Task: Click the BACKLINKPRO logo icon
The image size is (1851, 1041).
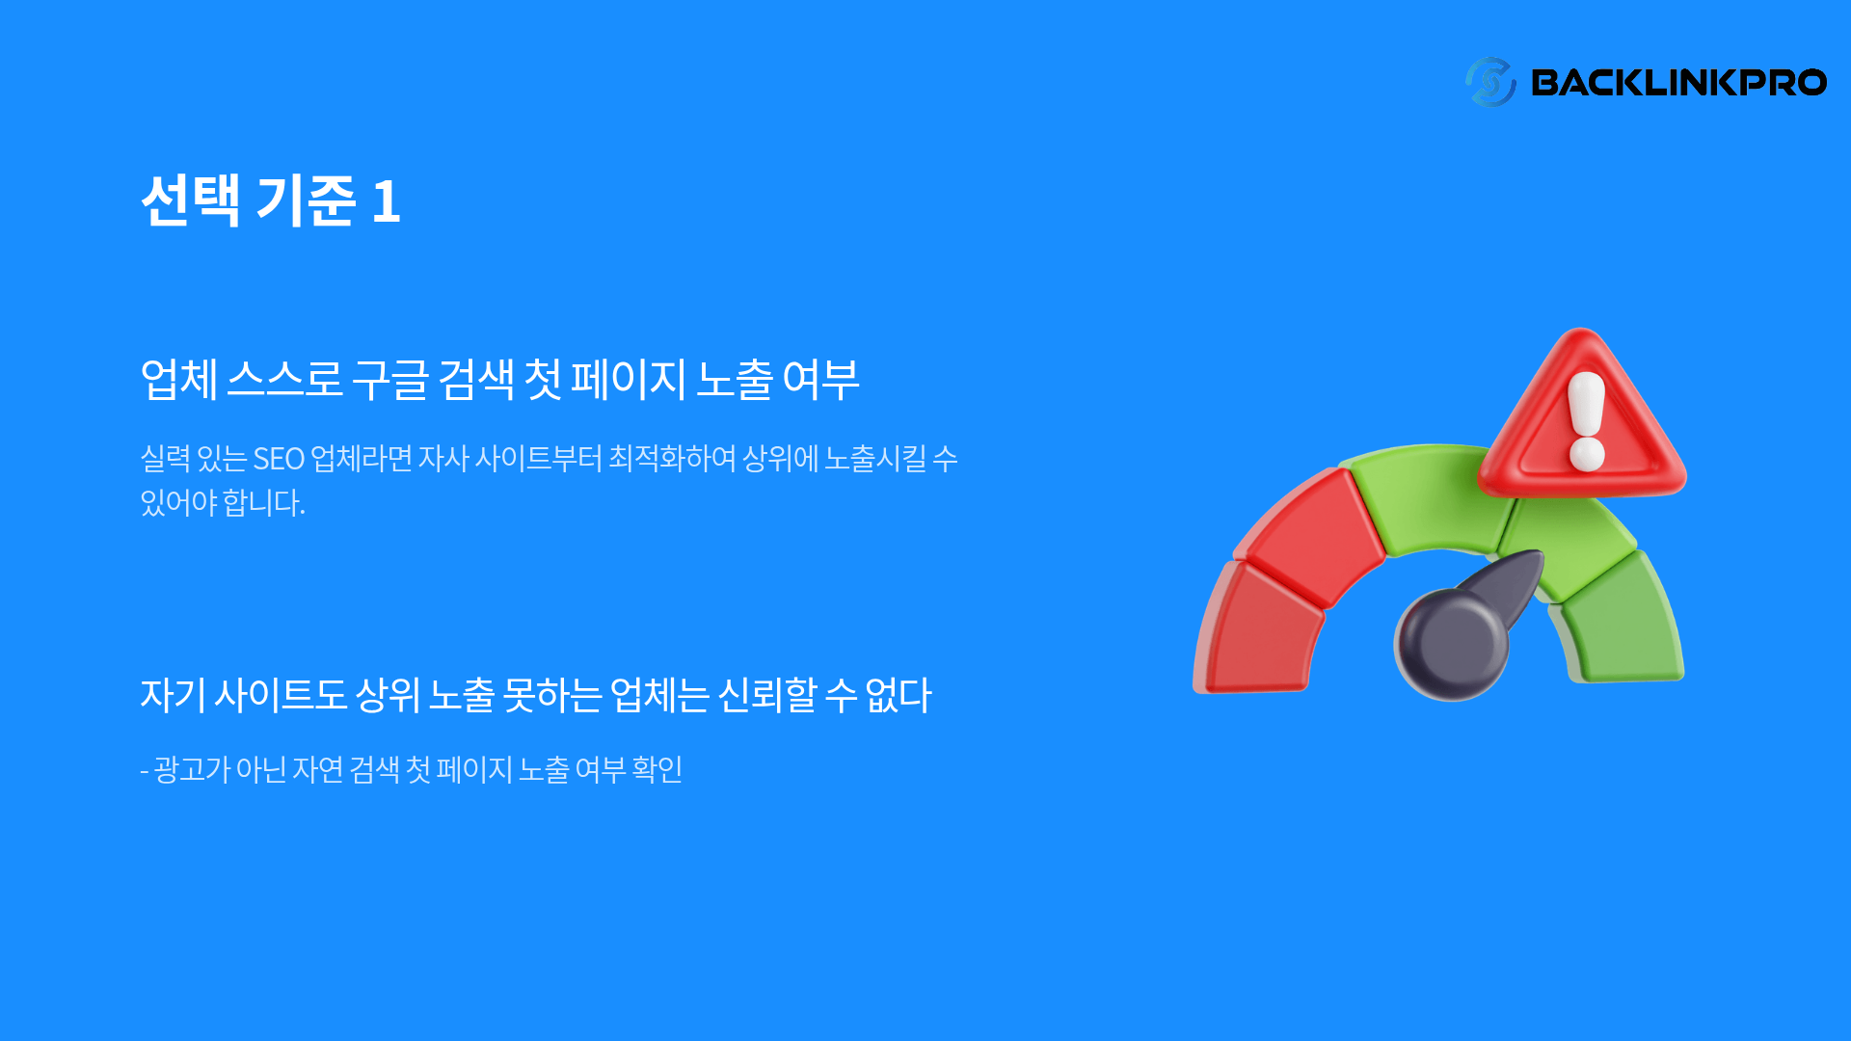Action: pyautogui.click(x=1489, y=82)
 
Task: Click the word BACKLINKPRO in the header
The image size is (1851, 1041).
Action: pyautogui.click(x=1678, y=83)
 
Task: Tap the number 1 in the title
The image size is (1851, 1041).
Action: pyautogui.click(x=386, y=202)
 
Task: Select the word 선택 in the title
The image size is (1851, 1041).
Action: pyautogui.click(x=190, y=200)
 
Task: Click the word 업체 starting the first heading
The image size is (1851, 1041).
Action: pyautogui.click(x=179, y=379)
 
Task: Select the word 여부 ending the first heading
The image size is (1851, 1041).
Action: pyautogui.click(x=820, y=379)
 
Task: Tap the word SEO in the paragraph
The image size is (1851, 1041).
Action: pyautogui.click(x=279, y=459)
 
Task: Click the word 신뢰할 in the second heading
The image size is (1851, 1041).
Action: pyautogui.click(x=767, y=695)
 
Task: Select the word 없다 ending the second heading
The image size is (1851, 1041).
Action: pyautogui.click(x=899, y=695)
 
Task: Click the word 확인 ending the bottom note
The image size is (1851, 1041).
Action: pyautogui.click(x=657, y=769)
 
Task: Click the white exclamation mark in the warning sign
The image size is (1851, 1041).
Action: pyautogui.click(x=1586, y=421)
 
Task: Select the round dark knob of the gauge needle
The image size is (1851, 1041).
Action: pyautogui.click(x=1451, y=644)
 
